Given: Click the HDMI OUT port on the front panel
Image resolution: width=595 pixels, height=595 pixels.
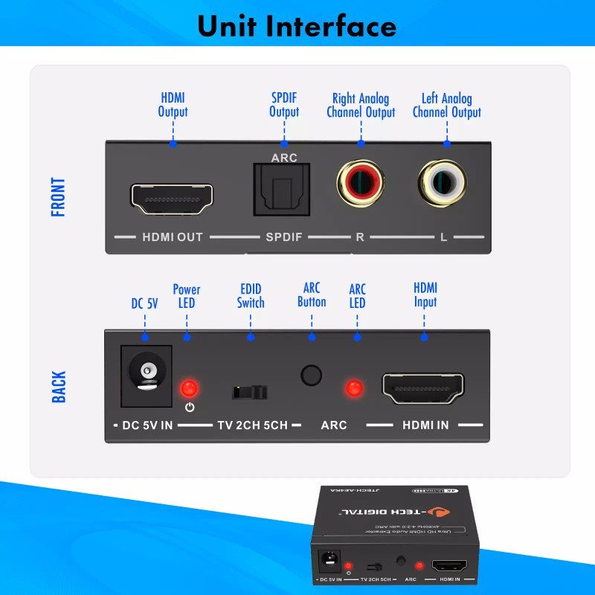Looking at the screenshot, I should [x=172, y=198].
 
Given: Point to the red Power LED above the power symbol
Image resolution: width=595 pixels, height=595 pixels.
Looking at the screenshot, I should [x=189, y=387].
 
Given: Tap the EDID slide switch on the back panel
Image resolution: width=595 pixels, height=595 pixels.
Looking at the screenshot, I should [x=249, y=392].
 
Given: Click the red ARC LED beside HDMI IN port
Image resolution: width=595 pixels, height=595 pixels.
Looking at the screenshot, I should [x=354, y=387].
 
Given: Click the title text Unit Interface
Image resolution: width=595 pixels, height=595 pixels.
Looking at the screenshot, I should [x=297, y=26].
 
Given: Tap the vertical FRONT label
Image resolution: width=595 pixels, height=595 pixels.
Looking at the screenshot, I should [x=59, y=197].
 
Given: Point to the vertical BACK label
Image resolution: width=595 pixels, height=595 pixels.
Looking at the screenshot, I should [x=59, y=387].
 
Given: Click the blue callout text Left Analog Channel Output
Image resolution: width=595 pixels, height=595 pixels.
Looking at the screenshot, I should [x=446, y=106].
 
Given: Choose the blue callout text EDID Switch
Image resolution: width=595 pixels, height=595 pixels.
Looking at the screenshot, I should [x=251, y=296].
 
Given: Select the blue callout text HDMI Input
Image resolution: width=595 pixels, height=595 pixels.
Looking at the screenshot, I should [x=425, y=295].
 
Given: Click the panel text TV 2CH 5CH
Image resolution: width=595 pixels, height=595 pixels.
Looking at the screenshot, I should [x=252, y=425].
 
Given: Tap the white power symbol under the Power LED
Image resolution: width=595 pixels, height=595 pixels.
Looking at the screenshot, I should [x=190, y=407].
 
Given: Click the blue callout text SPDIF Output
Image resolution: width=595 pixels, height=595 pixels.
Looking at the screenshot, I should [x=284, y=105].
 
